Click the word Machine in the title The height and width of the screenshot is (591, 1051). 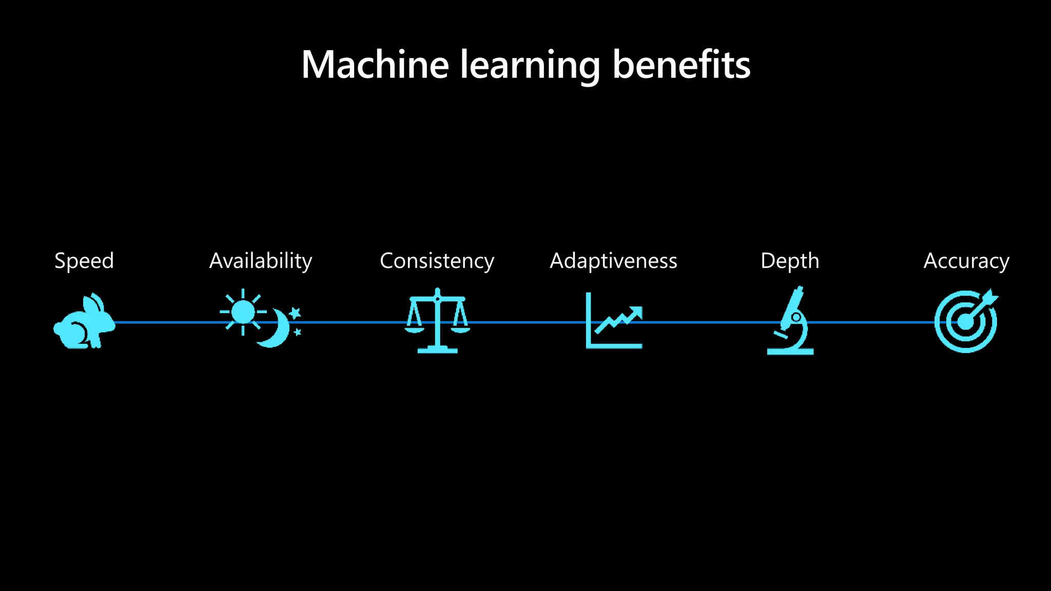375,65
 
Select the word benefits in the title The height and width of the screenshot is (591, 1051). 681,65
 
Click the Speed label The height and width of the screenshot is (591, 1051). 84,261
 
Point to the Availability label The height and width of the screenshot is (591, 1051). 261,261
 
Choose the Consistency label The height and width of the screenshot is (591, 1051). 437,261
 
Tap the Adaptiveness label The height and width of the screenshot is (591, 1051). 613,261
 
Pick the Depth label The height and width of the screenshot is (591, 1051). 790,261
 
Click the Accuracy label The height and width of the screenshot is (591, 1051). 966,261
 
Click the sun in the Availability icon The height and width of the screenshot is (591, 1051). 243,312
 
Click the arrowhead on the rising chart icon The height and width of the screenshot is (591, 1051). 636,311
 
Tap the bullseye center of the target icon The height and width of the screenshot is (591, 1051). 965,323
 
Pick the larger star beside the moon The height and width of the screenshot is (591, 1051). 295,312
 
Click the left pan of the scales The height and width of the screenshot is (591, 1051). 414,329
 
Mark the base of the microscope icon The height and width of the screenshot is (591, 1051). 790,351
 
